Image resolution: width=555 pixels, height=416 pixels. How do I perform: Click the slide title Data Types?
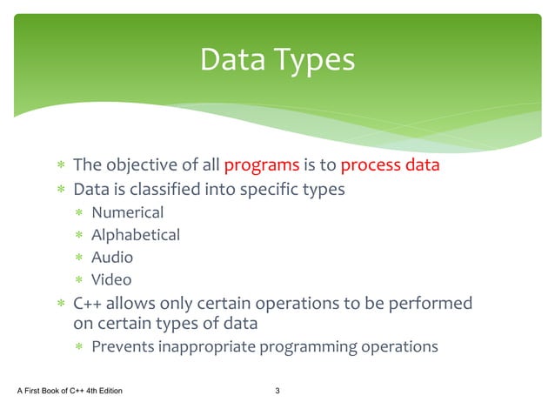click(277, 60)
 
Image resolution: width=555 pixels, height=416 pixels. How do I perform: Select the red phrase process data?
click(390, 164)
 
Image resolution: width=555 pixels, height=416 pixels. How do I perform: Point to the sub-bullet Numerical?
click(127, 211)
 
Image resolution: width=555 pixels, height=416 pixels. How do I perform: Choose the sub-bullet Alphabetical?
click(136, 234)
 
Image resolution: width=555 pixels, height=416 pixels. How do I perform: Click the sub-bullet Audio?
click(112, 257)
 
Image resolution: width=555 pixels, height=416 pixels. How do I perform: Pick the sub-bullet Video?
click(111, 279)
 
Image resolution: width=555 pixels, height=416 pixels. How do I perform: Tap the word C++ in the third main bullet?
click(88, 303)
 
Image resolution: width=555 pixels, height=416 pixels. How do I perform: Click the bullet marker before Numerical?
click(78, 212)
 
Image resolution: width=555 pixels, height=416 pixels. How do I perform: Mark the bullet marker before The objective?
click(59, 165)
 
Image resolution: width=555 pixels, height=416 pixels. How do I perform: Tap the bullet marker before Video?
click(78, 280)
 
